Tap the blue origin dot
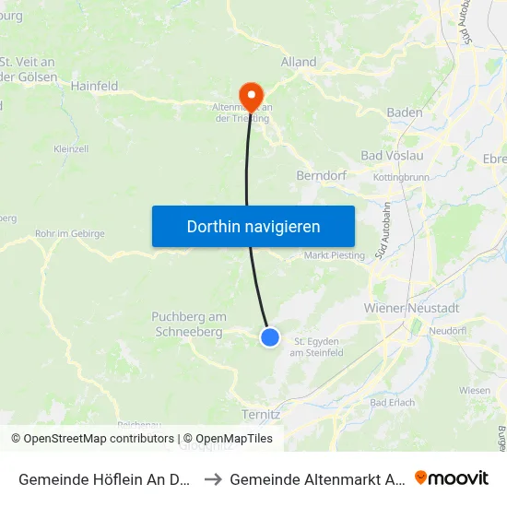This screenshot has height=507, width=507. (x=270, y=337)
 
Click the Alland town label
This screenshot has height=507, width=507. (x=298, y=63)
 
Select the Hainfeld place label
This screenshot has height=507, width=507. (x=95, y=86)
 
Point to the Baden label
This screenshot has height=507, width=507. (x=405, y=112)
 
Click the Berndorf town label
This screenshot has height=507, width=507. (x=320, y=175)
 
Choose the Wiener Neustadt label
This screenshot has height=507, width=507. (x=412, y=307)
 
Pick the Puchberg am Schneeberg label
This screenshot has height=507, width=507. (x=188, y=324)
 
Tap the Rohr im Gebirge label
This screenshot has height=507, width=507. (x=69, y=234)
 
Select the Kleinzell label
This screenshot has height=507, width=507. (x=71, y=148)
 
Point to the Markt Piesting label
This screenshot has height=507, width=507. (x=334, y=255)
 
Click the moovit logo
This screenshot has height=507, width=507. (x=452, y=478)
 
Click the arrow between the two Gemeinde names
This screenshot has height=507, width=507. (x=211, y=479)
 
